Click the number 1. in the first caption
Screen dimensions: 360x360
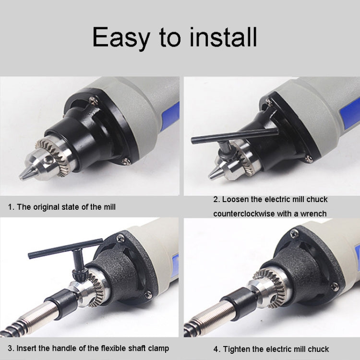(x=11, y=207)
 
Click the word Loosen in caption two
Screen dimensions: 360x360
(x=236, y=199)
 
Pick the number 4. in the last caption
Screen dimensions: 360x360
(x=217, y=349)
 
